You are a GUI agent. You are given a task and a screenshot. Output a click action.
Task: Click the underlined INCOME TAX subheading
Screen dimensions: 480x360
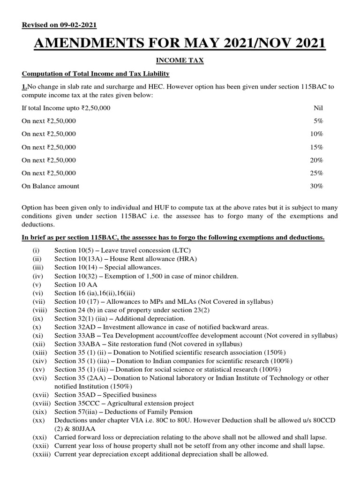coord(180,61)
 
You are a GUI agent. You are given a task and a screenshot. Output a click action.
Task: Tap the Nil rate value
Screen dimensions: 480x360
coord(318,108)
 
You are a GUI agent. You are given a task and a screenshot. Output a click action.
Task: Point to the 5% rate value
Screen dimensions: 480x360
coord(318,121)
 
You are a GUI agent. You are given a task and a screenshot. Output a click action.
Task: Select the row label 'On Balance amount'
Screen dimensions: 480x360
coord(51,186)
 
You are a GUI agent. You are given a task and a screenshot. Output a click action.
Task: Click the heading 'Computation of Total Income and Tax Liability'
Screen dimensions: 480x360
coord(96,74)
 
